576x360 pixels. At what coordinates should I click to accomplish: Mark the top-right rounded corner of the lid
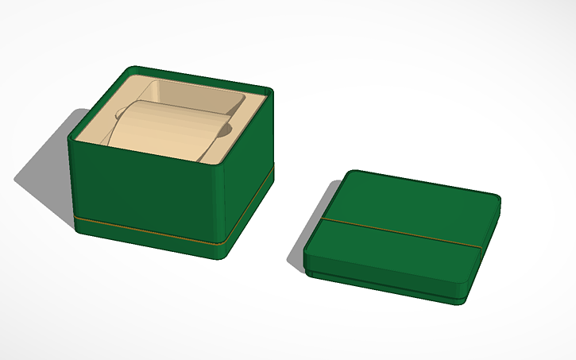pos(494,199)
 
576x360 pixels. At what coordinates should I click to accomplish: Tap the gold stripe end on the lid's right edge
pos(482,248)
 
